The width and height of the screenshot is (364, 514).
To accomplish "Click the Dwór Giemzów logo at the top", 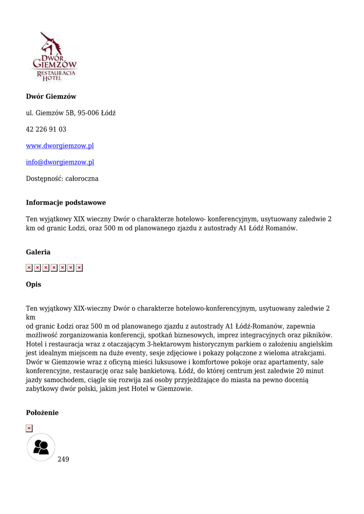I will pos(55,57).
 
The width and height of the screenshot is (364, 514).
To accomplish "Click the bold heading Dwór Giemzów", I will pos(51,96).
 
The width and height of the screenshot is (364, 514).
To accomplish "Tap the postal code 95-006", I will pos(87,113).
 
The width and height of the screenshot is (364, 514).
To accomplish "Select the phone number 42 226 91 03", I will pos(46,130).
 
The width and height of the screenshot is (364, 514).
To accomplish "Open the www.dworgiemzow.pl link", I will pos(60,146).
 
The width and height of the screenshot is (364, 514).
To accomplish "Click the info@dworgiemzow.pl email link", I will pos(60,162).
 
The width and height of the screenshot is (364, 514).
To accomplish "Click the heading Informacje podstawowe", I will pos(66,203).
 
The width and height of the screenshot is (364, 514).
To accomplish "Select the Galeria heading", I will pos(38,252).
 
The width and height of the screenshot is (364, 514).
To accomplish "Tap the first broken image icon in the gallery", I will pos(29,268).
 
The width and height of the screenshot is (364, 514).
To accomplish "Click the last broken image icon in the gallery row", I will pos(79,268).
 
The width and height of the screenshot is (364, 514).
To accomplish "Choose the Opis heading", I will pos(34,284).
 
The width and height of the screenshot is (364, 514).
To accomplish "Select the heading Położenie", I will pos(42,413).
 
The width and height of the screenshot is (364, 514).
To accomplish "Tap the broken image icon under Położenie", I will pos(29,428).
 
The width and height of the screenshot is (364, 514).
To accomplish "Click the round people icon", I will pos(41,447).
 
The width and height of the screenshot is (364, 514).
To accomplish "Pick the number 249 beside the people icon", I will pos(63,459).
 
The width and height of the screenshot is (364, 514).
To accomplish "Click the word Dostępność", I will pos(44,179).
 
